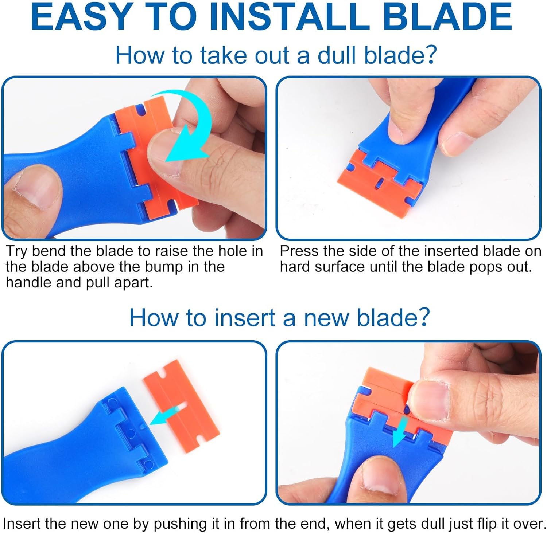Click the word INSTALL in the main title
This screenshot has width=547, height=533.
[288, 17]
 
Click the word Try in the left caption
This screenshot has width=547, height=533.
[18, 251]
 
